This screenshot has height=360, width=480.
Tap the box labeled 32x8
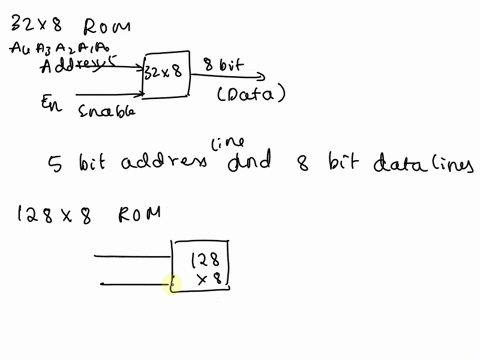(165, 74)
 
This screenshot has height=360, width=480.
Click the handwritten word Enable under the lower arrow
(105, 111)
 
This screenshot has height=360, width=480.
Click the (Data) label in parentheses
(251, 95)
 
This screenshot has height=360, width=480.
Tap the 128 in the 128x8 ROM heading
(36, 212)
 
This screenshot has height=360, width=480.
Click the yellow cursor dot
(171, 286)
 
